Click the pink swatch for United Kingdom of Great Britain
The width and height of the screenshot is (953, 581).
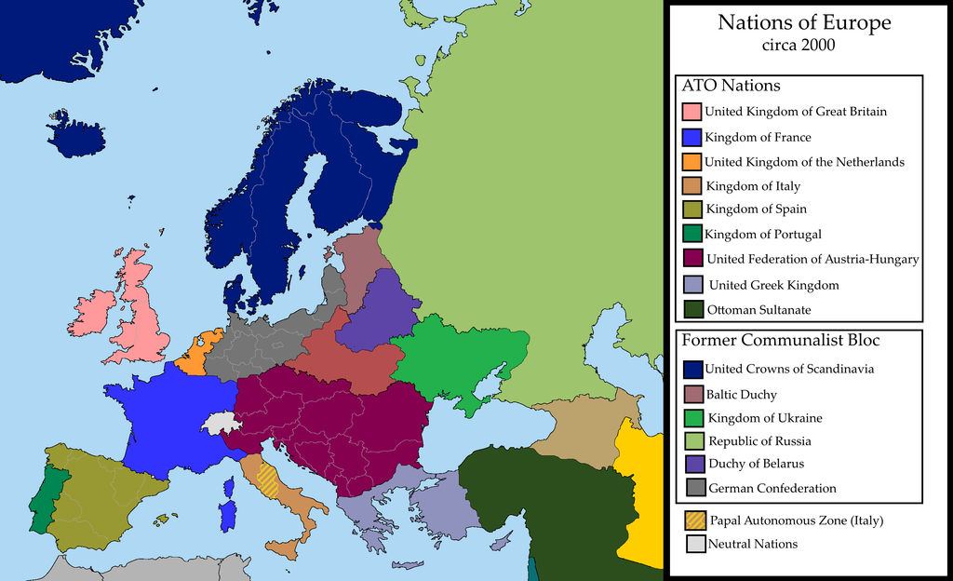[691, 112]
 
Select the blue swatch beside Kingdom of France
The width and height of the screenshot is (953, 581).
[691, 137]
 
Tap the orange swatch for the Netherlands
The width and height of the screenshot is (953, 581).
[691, 162]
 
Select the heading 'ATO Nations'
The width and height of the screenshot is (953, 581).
[731, 86]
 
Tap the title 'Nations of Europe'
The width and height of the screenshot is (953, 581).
[803, 22]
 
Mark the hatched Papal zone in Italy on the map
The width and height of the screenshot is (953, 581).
[267, 480]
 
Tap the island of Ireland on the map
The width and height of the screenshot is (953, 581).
[92, 314]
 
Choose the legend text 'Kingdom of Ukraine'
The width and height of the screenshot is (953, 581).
[765, 418]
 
